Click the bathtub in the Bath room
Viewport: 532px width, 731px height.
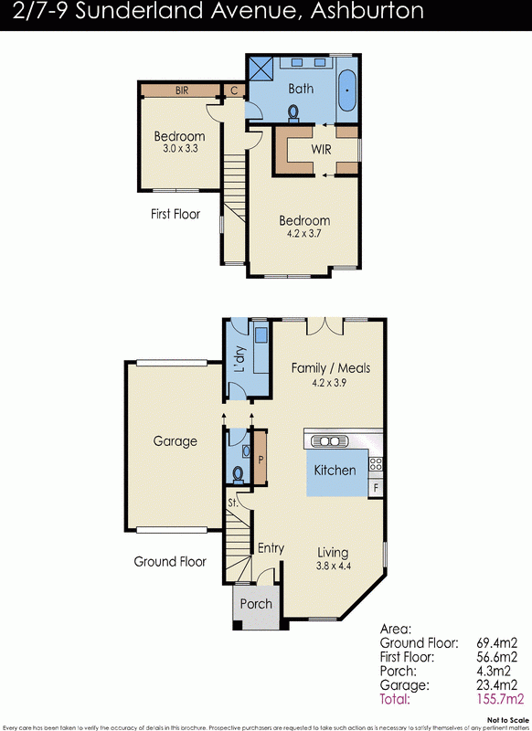pos(347,93)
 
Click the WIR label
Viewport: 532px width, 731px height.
pos(321,148)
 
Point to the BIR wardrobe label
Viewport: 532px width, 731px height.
pos(182,90)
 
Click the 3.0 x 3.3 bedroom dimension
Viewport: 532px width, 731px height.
pos(178,148)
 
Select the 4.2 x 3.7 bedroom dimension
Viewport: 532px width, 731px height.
pos(304,233)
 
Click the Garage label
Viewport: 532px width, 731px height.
pos(175,441)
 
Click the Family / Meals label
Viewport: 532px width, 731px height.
pos(330,368)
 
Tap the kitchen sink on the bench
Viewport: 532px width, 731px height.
pos(331,441)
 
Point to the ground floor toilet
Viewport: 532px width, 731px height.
pos(238,473)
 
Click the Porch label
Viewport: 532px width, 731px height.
pos(255,604)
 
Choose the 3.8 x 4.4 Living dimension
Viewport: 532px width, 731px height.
pos(333,565)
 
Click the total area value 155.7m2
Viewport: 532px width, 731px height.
pos(497,699)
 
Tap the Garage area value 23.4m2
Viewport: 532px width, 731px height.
pos(497,685)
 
